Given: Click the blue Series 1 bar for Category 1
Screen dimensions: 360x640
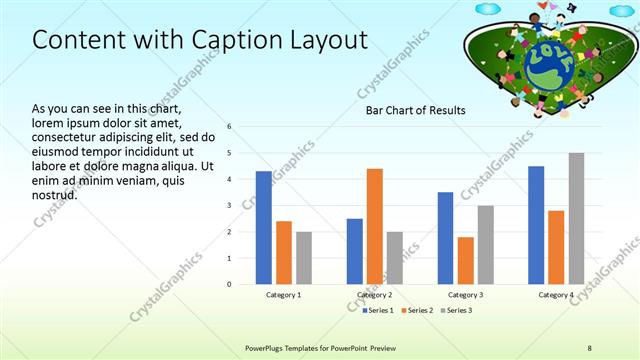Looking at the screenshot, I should point(263,228).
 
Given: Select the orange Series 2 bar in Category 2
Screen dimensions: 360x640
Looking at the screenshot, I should point(375,226).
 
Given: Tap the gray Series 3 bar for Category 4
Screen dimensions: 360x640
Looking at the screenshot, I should point(576,218).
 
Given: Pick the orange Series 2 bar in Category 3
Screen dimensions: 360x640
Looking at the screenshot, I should point(466,260).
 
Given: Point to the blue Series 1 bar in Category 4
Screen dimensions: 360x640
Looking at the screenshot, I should point(536,225).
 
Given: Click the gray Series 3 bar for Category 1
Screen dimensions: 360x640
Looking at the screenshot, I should point(304,258).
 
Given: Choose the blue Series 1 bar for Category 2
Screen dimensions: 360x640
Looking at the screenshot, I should point(355,251).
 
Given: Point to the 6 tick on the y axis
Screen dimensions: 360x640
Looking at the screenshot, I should point(230,127).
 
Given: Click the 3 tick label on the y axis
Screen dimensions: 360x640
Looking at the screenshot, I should point(230,206).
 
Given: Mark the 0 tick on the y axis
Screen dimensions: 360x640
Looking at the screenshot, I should point(230,284).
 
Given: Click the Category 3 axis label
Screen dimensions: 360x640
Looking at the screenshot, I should point(465,295).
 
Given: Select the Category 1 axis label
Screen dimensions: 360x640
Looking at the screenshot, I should point(284,295).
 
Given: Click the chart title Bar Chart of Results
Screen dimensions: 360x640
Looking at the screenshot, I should point(417,111).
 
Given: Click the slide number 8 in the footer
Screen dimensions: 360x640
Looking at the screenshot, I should point(590,347).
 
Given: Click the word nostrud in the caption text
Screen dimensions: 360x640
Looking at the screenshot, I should point(54,194).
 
